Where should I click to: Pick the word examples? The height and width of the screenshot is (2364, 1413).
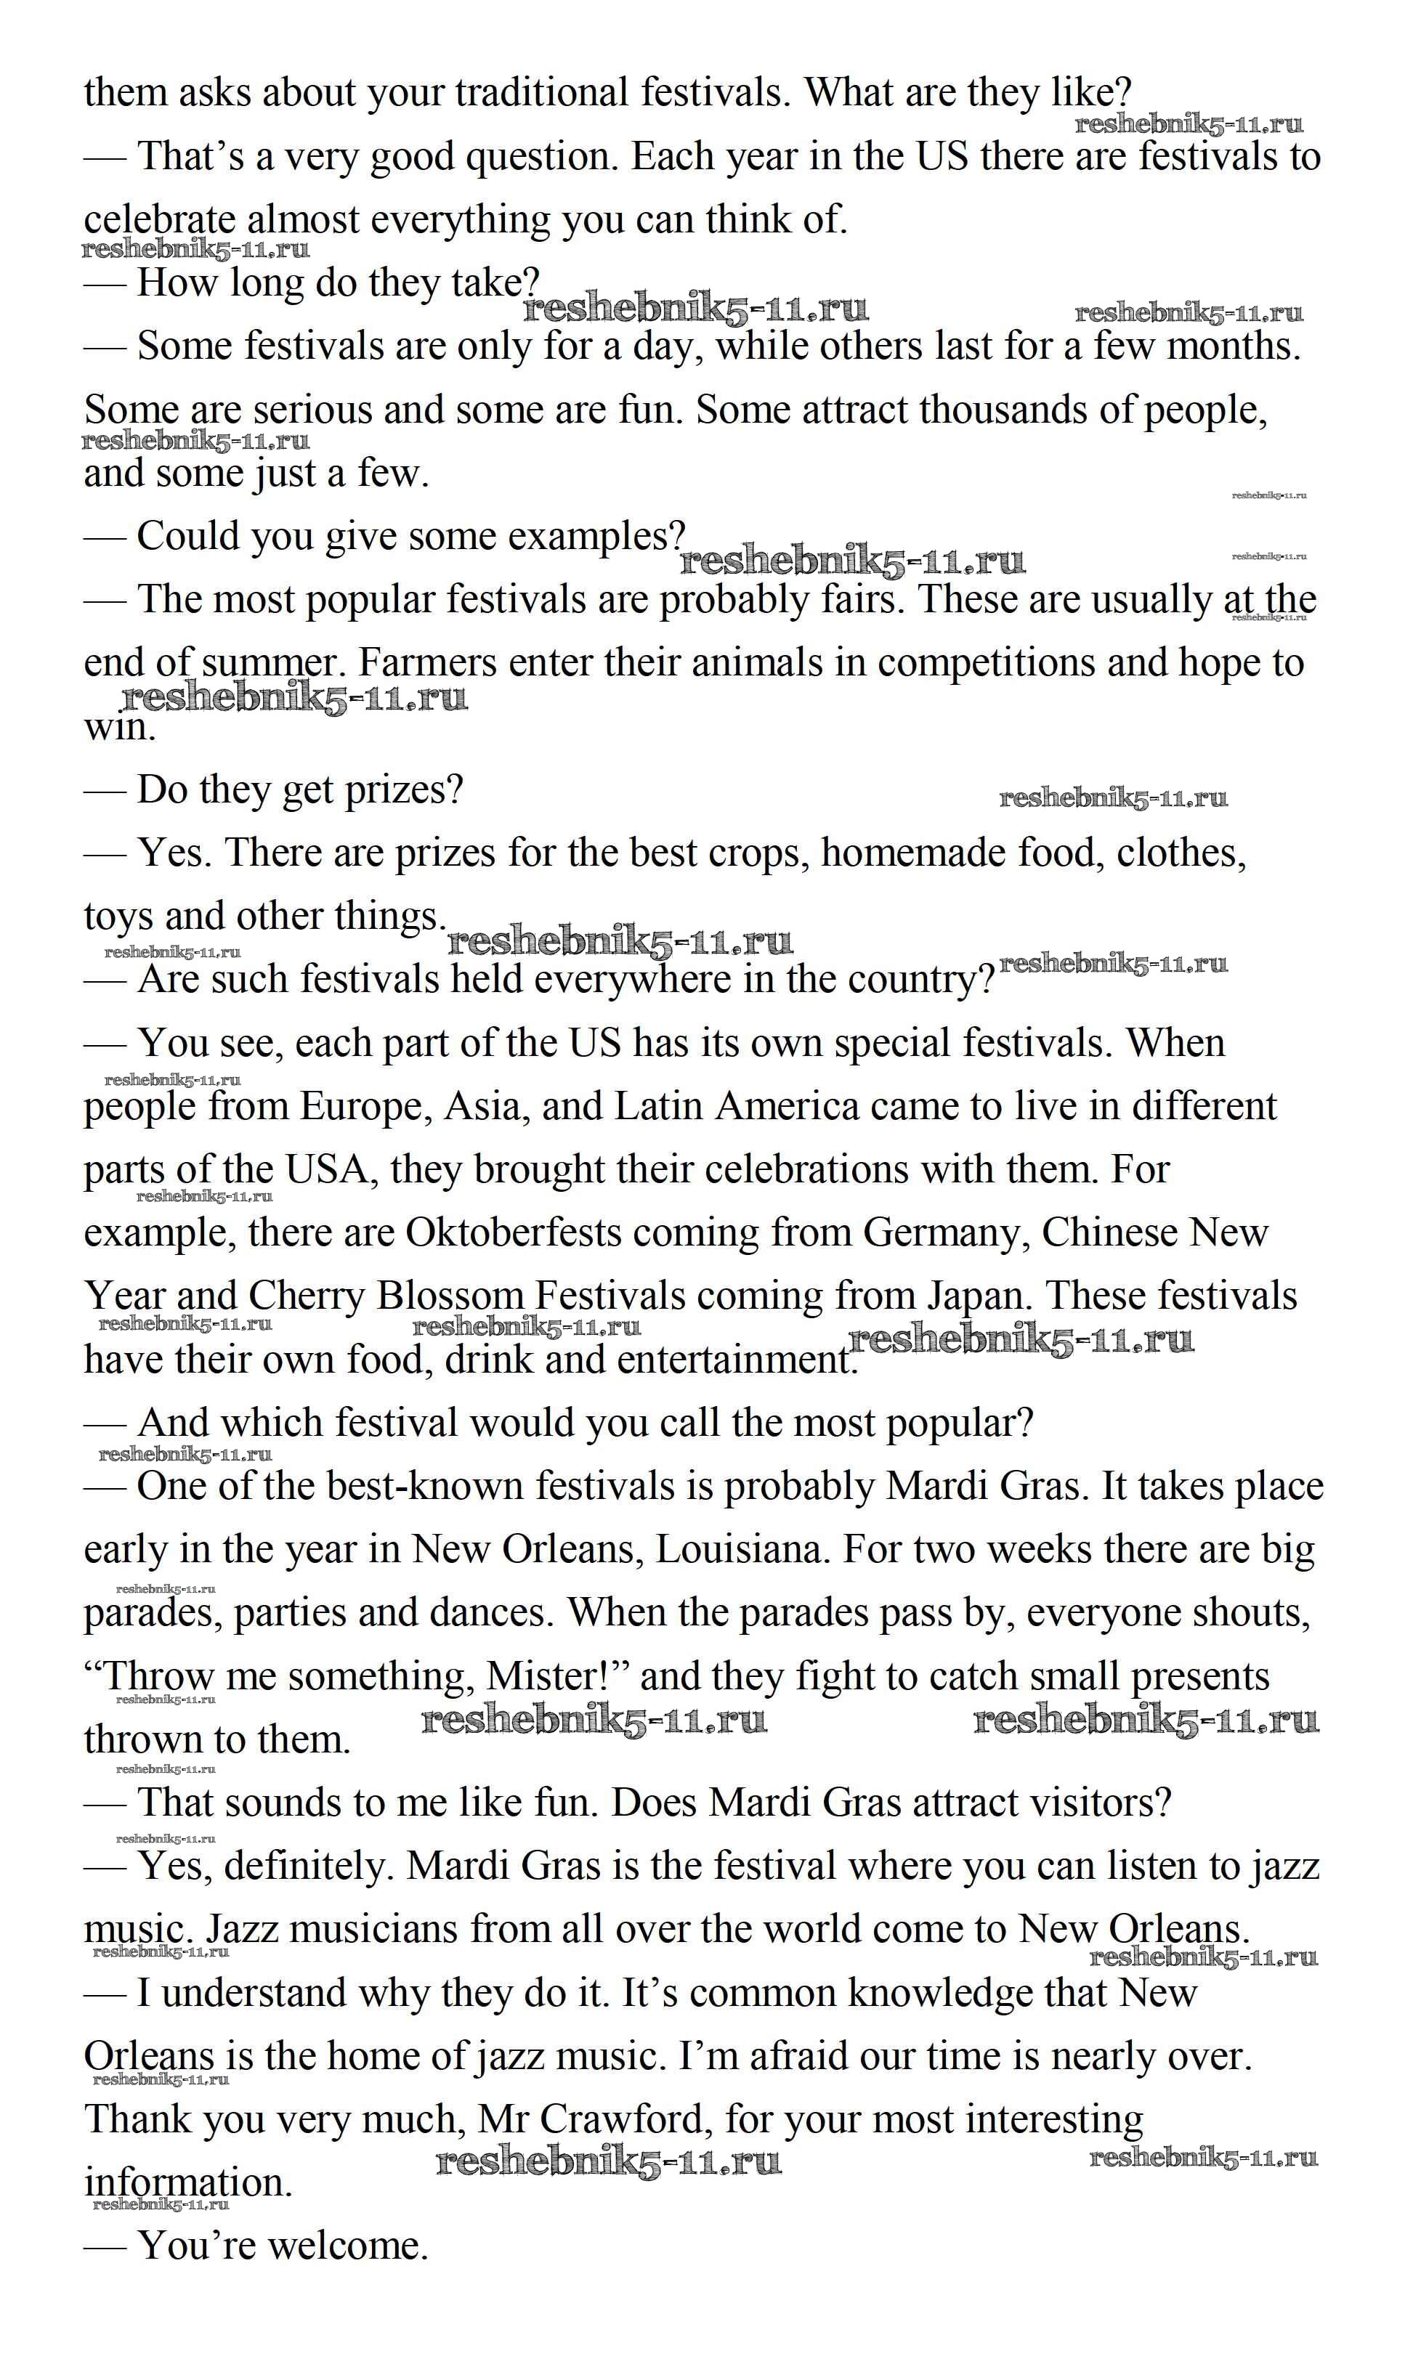(596, 537)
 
